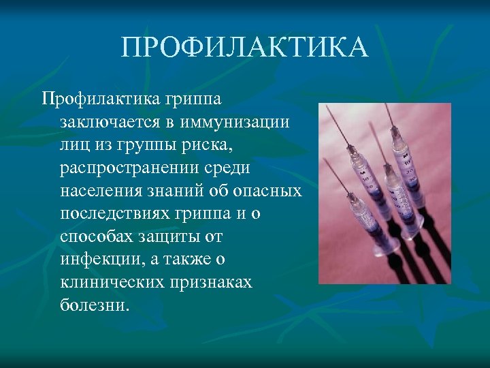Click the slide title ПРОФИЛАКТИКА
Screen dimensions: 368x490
point(245,48)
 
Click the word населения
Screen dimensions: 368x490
point(103,191)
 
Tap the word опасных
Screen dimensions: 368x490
point(270,191)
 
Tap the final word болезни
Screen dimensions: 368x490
point(93,305)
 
